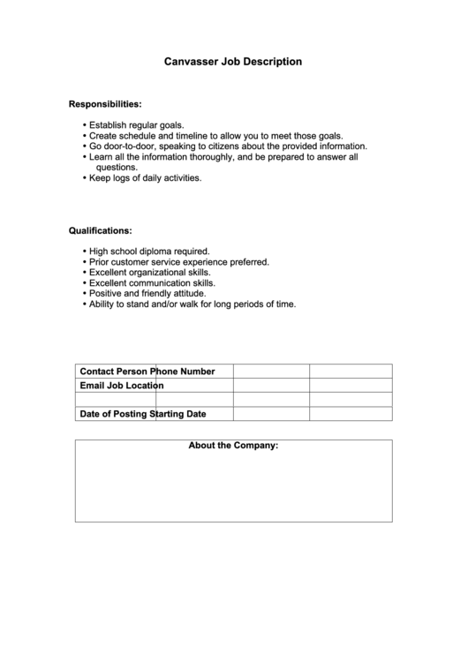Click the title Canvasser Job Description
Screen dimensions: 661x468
coord(233,63)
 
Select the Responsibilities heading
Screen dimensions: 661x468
coord(105,104)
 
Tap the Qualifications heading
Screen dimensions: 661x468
coord(101,230)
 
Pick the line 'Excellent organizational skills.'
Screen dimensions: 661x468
coord(152,273)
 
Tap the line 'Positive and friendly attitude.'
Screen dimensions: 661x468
coord(147,293)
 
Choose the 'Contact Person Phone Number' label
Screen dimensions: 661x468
coord(147,372)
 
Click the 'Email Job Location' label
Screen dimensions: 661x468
coord(122,386)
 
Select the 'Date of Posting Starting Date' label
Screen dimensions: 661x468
coord(143,413)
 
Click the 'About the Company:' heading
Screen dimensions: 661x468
coord(233,446)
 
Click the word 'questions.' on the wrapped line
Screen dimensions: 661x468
coord(117,167)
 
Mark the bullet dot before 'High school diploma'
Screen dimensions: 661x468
coord(84,252)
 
